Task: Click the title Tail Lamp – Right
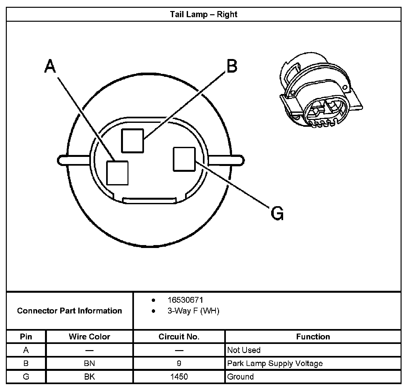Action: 204,15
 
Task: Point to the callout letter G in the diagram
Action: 277,213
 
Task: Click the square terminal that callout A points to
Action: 117,173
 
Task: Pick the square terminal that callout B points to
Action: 132,140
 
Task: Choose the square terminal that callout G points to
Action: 184,159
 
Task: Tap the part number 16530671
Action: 185,300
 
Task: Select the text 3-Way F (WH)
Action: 193,311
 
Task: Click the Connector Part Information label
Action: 70,311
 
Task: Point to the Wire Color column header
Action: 89,337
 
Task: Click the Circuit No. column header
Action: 179,337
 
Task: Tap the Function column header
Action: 313,337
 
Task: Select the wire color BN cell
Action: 89,363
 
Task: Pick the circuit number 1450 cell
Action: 179,377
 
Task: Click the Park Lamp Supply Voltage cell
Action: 275,363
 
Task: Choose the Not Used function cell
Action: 244,350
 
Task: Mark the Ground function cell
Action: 240,377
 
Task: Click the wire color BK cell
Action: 89,377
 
